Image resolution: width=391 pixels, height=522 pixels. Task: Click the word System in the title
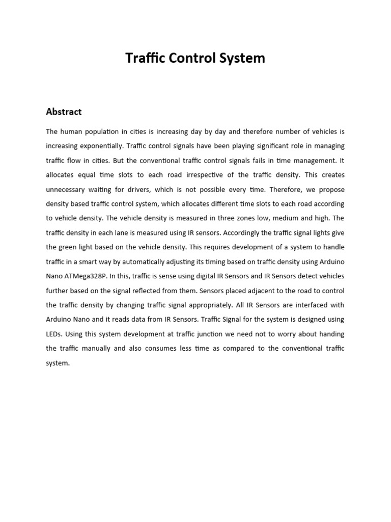[242, 58]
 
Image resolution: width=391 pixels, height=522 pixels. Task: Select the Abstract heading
[64, 112]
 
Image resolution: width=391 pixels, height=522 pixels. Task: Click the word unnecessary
[68, 190]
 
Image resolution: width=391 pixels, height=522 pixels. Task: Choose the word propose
[331, 190]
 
